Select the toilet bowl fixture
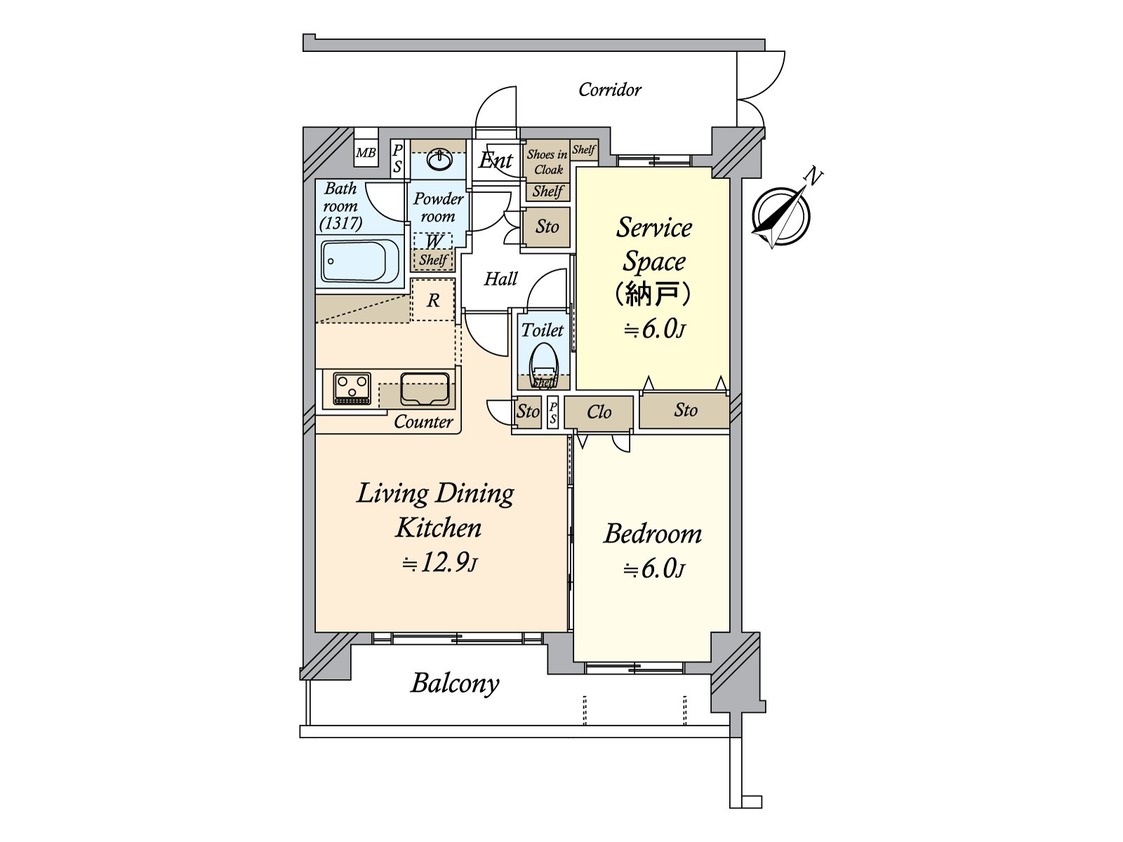(544, 366)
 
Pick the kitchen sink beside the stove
(425, 389)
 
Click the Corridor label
(609, 90)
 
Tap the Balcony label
(455, 683)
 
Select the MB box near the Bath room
(366, 152)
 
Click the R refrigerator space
(434, 301)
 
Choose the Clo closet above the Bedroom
(599, 413)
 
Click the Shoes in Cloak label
(547, 162)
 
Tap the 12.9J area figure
(440, 563)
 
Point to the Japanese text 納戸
(653, 294)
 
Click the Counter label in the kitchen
(423, 422)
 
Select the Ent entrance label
(496, 161)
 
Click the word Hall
(500, 279)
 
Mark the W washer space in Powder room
(434, 241)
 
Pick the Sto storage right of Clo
(685, 410)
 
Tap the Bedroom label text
(653, 534)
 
